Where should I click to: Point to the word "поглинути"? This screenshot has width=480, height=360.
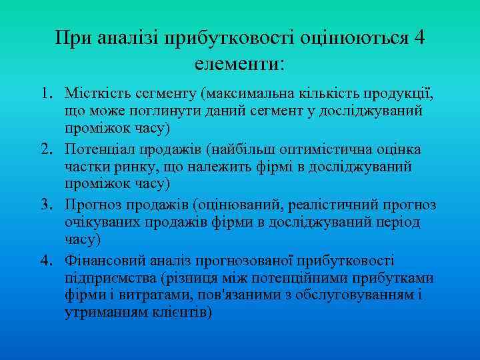pos(153,109)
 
